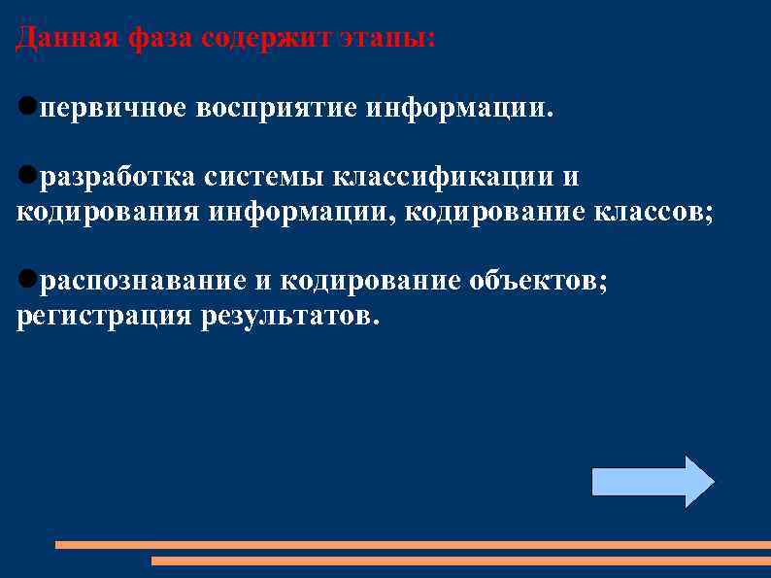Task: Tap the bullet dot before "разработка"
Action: (x=27, y=176)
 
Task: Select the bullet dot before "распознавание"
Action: (x=27, y=281)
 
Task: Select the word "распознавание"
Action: (x=143, y=282)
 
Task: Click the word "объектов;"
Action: (x=539, y=282)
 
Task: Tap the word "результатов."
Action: (x=286, y=317)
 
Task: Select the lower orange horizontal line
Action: (x=460, y=561)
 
